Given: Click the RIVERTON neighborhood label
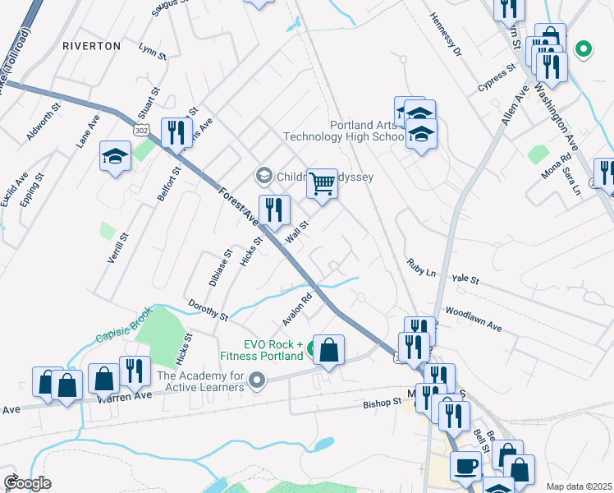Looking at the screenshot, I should click(x=91, y=46).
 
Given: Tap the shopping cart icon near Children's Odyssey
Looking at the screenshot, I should click(x=323, y=183).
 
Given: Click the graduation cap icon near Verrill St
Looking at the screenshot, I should click(x=115, y=155).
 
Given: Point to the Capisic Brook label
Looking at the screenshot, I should click(x=124, y=330).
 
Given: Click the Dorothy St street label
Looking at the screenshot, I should click(x=207, y=310).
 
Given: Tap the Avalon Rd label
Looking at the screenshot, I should click(x=298, y=309).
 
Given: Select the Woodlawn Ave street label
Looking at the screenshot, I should click(x=473, y=320).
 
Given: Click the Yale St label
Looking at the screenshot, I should click(x=465, y=279).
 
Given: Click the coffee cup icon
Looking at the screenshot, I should click(x=465, y=465).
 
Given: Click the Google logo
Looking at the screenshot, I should click(x=28, y=483).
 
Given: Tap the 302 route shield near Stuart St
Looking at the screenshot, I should click(x=139, y=130).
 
